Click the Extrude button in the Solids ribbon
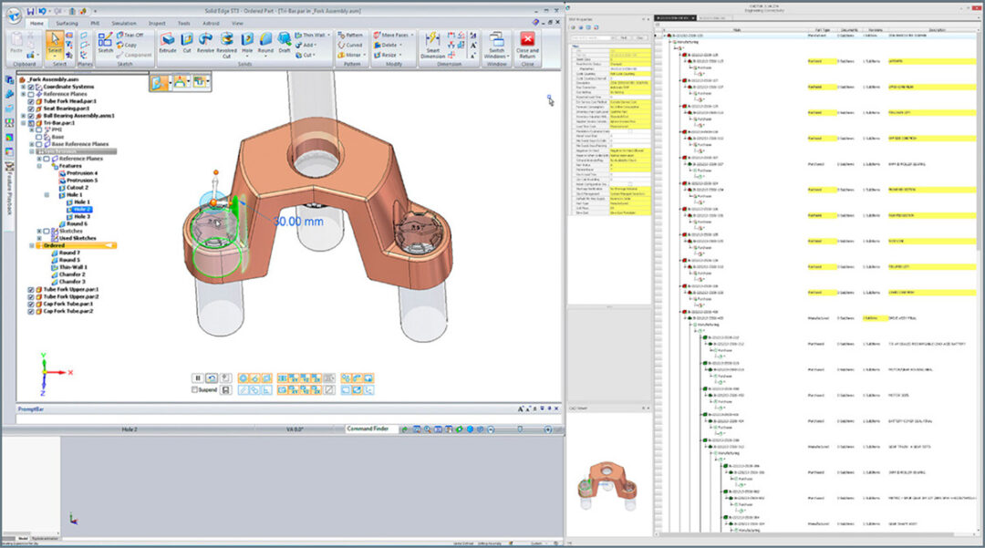coord(168,42)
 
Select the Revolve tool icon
coord(206,42)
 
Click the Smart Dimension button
coord(433,45)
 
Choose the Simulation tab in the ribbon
coord(123,22)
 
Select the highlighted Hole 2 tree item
coord(83,209)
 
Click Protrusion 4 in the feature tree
coord(81,173)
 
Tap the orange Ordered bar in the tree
coord(78,245)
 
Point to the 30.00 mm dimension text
coord(301,222)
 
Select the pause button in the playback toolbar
coord(197,377)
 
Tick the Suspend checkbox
coord(195,389)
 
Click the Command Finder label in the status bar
coord(372,429)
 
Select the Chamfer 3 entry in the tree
coord(73,282)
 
